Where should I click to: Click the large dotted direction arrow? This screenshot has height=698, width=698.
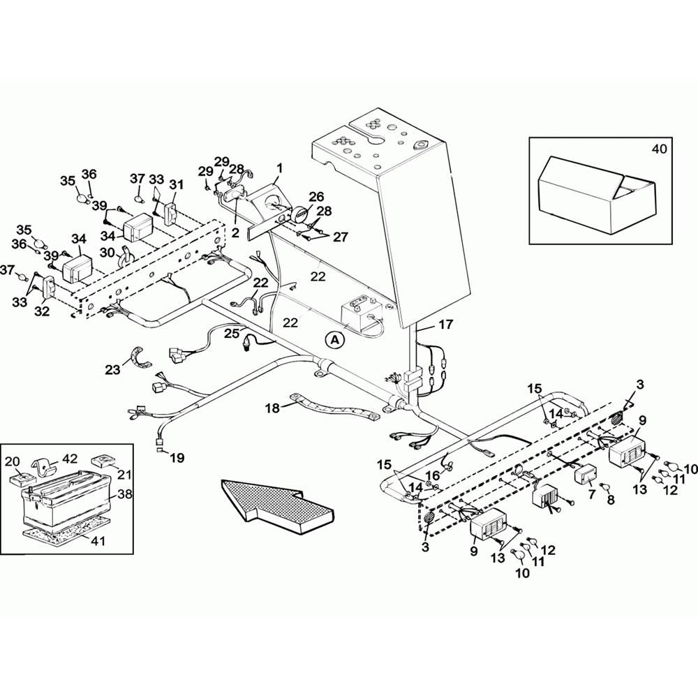(277, 505)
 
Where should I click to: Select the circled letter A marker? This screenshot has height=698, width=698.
(335, 341)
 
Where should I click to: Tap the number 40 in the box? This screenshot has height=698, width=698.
(660, 149)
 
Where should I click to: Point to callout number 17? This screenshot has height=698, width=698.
(445, 325)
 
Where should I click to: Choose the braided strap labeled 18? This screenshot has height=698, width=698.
(334, 406)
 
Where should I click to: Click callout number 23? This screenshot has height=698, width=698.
(112, 369)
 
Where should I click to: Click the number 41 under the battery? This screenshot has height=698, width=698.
(98, 541)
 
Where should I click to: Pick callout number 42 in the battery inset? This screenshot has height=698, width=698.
(70, 459)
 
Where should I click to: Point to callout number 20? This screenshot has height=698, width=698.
(13, 462)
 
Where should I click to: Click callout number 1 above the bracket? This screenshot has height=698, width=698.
(280, 168)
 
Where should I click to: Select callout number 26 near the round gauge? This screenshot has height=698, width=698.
(316, 196)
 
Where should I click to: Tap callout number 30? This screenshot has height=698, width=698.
(107, 253)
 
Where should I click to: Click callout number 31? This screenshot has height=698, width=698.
(176, 184)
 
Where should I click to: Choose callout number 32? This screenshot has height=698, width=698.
(42, 311)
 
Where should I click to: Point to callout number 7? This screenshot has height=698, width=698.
(592, 493)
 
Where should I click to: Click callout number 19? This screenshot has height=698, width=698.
(177, 458)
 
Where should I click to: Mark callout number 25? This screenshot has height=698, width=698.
(232, 334)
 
